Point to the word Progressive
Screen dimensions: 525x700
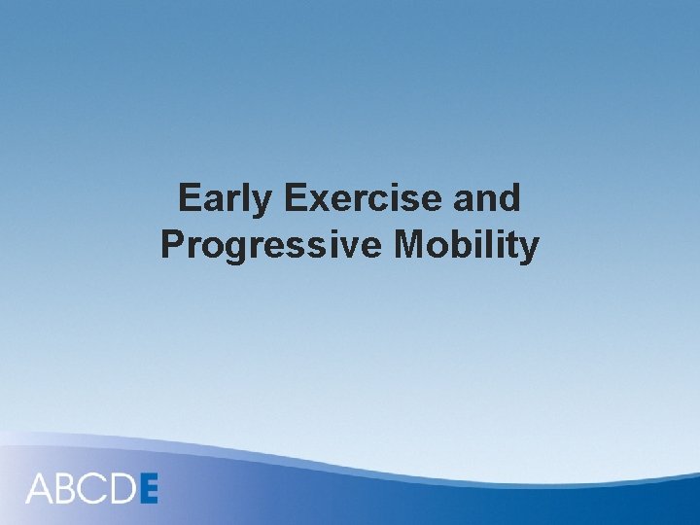[272, 245]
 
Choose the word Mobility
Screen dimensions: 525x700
[466, 245]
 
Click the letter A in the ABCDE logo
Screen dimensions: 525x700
[41, 488]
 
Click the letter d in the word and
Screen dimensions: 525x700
[509, 198]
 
